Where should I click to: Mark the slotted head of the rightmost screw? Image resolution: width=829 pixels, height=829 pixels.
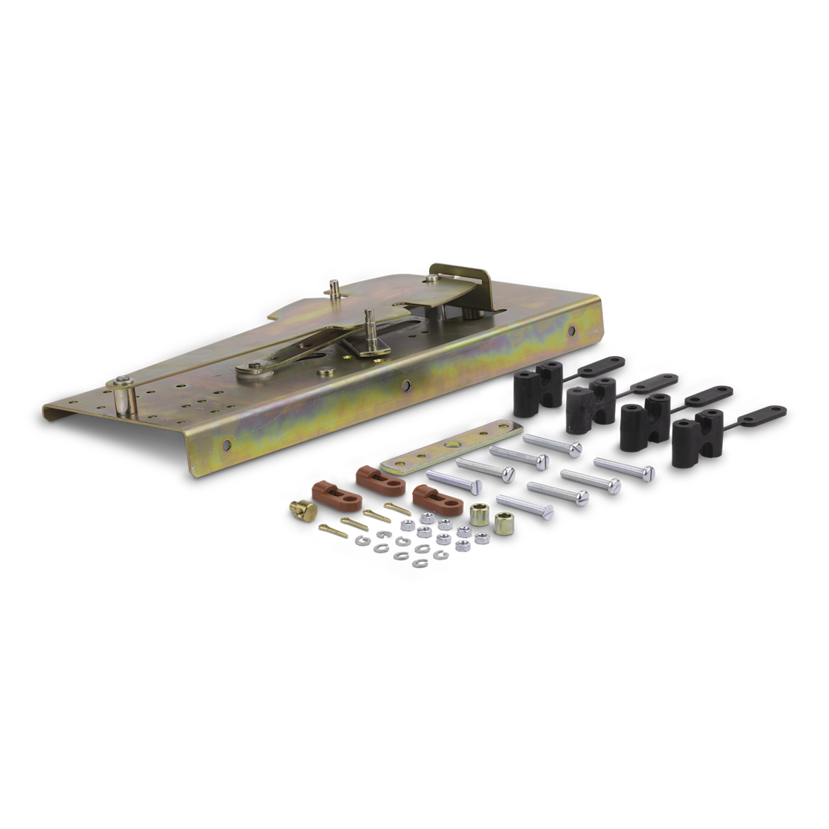(x=649, y=471)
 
